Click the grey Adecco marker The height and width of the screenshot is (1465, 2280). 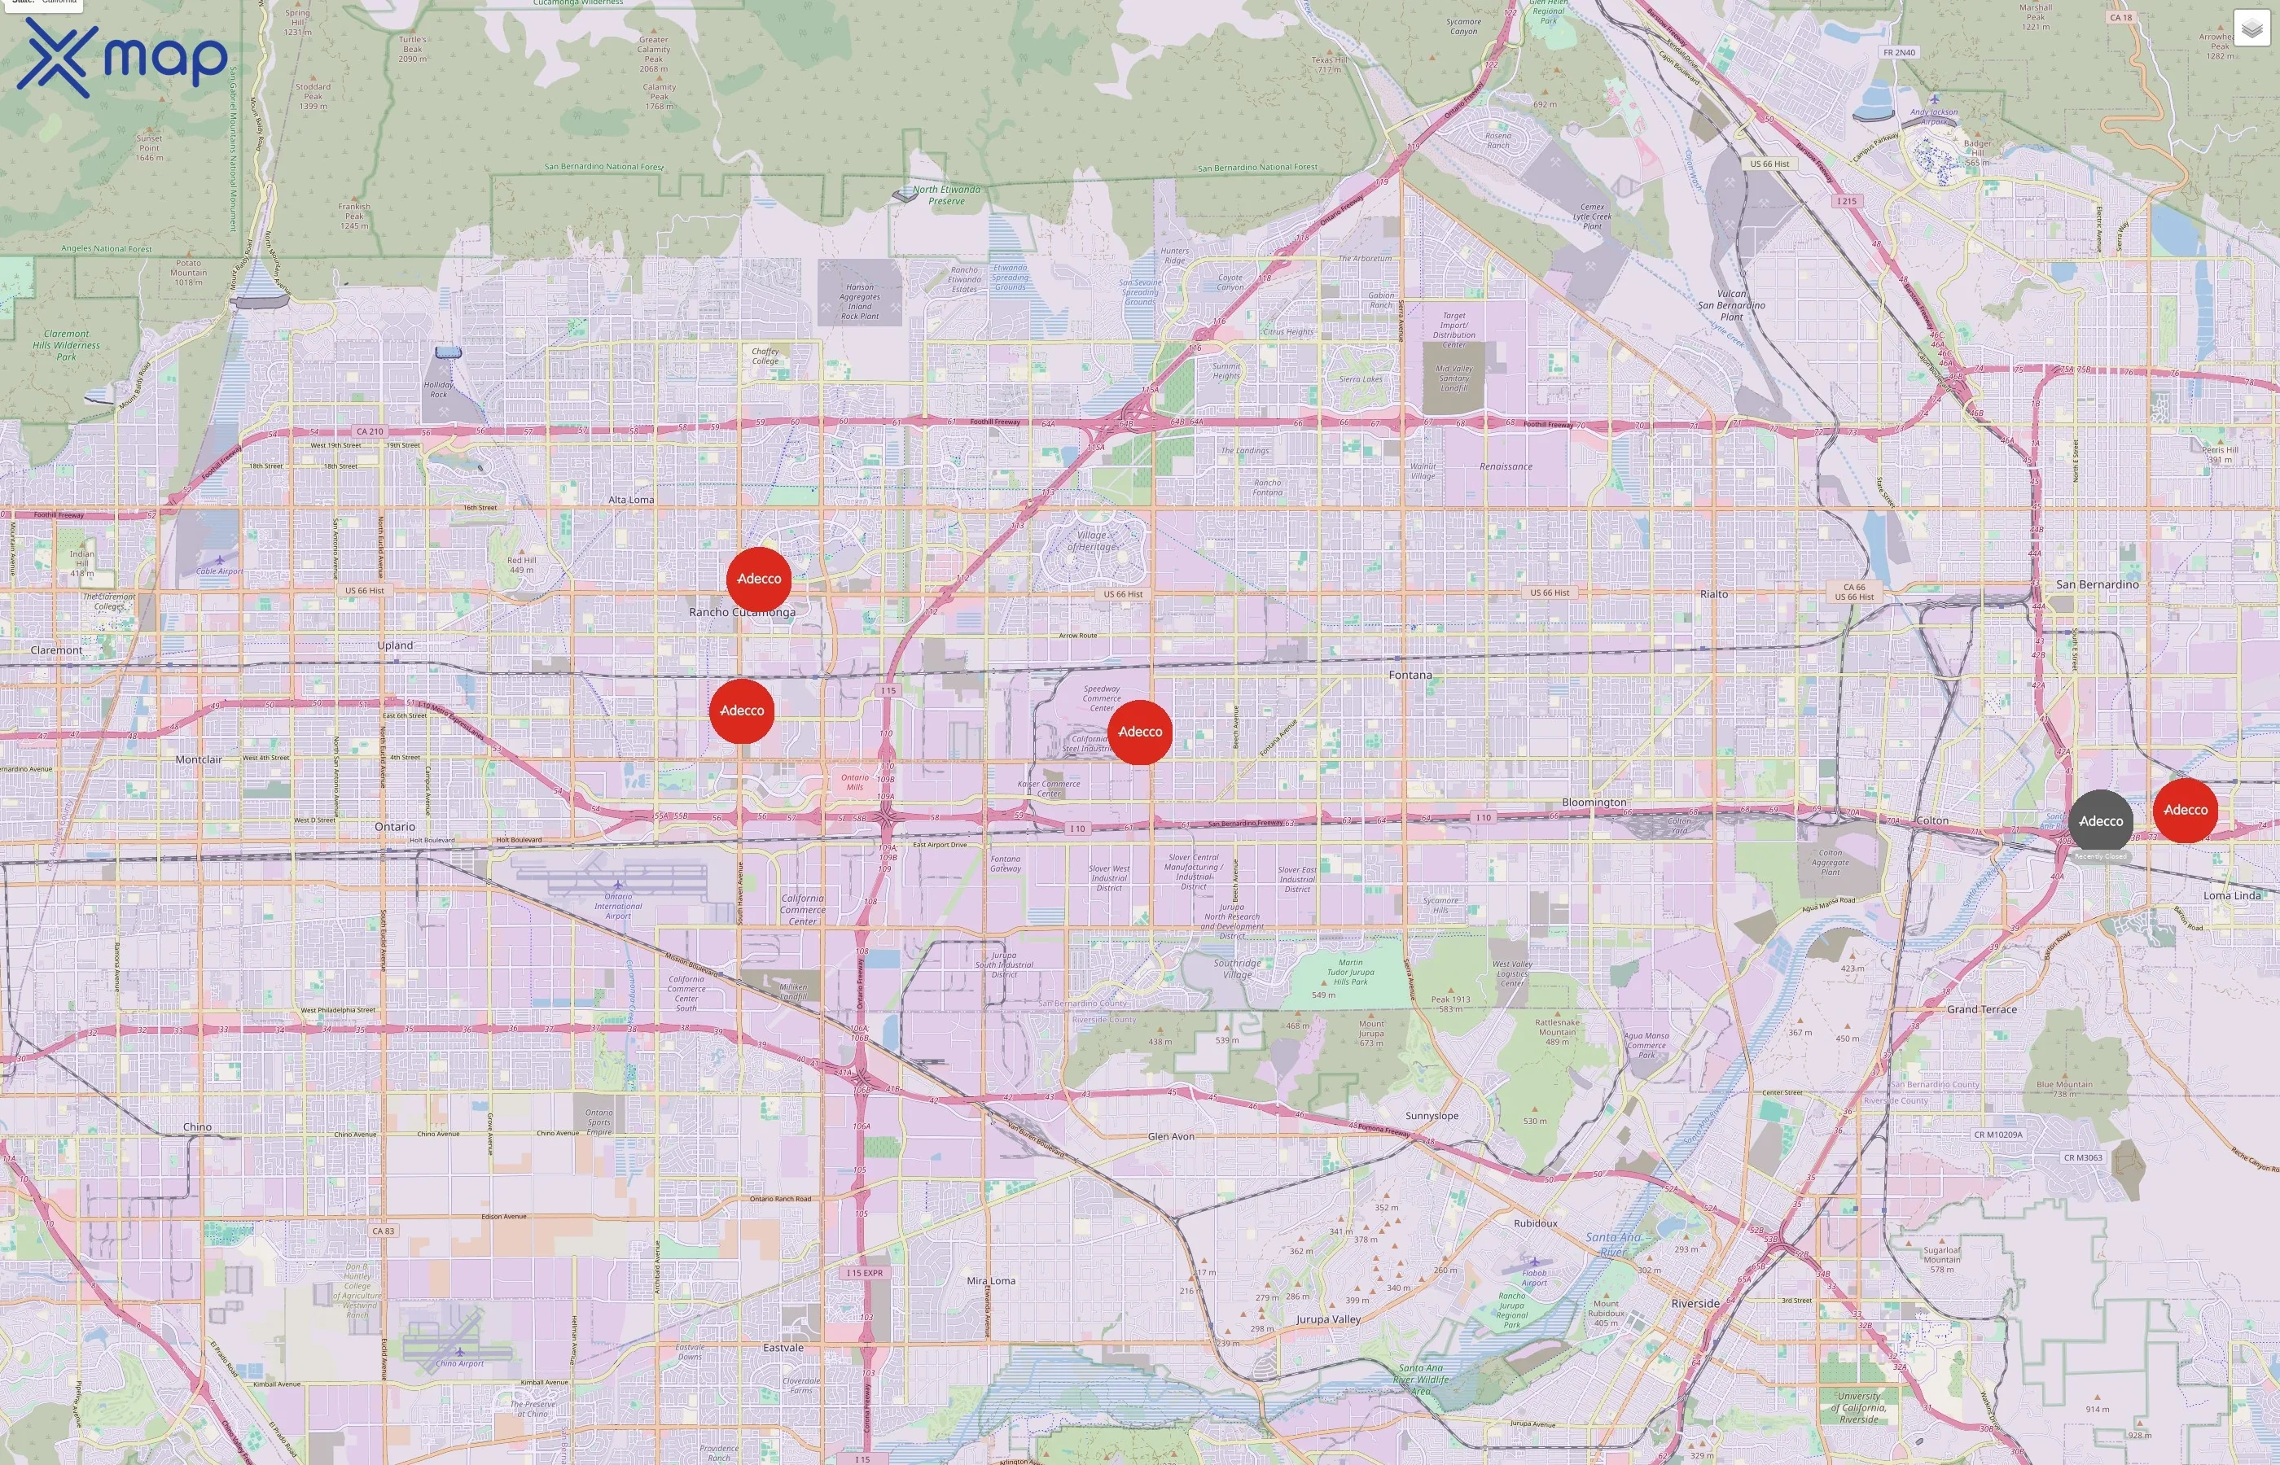coord(2100,821)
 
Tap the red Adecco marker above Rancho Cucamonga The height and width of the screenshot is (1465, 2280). coord(758,579)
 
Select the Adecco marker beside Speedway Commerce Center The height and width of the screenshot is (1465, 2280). coord(1139,732)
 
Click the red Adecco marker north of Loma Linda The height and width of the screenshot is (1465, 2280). coord(2185,810)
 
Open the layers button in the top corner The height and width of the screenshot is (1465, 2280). coord(2251,28)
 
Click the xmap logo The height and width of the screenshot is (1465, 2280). coord(122,58)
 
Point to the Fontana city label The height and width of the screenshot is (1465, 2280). coord(1410,675)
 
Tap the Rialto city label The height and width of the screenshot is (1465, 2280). coord(1714,593)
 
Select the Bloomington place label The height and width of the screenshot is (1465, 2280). coord(1594,802)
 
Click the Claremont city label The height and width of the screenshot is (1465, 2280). coord(56,649)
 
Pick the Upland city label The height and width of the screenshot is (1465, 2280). coord(395,645)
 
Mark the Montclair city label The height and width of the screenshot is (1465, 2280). coord(198,759)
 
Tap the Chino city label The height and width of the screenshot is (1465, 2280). coord(197,1126)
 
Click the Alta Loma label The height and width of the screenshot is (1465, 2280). coord(631,500)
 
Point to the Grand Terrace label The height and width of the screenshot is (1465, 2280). coord(1981,1009)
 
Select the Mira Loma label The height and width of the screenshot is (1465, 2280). coord(991,1280)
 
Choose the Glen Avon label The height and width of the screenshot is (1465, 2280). coord(1170,1136)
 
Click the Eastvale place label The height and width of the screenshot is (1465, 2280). coord(783,1347)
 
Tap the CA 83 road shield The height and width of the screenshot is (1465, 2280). coord(383,1231)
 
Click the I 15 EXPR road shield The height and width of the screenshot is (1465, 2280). coord(865,1273)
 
